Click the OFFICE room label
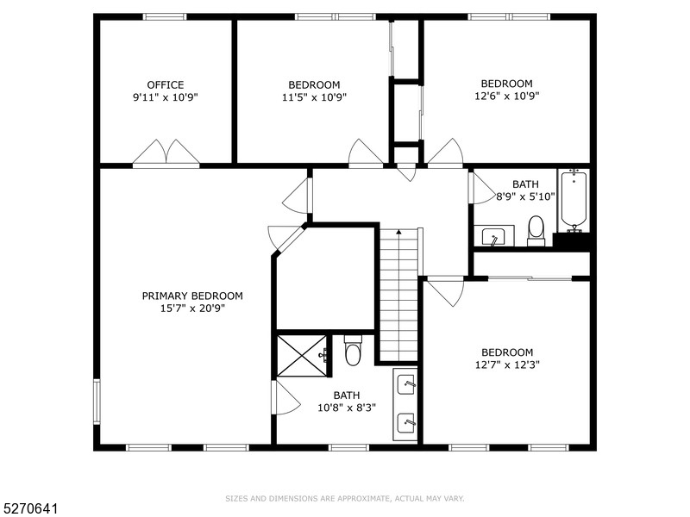click(165, 84)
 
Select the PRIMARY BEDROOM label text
click(192, 296)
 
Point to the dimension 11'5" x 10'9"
click(314, 98)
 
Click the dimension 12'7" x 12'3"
click(507, 365)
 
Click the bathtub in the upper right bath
click(574, 200)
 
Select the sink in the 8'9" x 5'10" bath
click(493, 236)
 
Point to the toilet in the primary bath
click(352, 352)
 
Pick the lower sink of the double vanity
click(405, 421)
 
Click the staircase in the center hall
click(398, 297)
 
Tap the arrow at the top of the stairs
click(398, 233)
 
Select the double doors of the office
click(166, 153)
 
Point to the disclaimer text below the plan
click(345, 498)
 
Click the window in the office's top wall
click(165, 16)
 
